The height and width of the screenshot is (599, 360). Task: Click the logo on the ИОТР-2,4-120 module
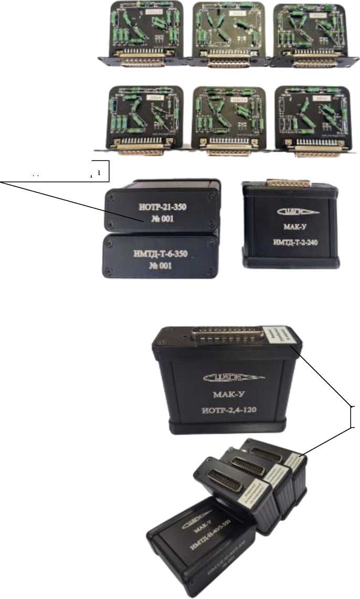[223, 377]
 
